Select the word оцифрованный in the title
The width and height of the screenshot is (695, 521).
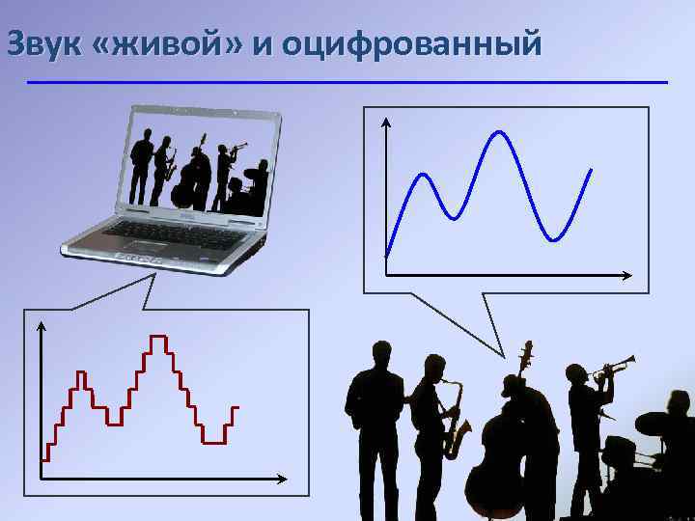(409, 44)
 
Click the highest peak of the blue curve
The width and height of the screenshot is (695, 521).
(500, 133)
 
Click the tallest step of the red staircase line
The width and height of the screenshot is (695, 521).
(157, 337)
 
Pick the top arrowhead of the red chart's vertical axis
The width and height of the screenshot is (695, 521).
(42, 324)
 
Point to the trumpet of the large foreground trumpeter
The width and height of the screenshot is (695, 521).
(614, 367)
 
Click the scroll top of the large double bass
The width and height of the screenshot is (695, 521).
(526, 347)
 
